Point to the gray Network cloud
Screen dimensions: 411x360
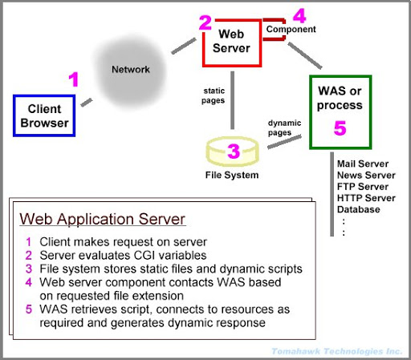(131, 71)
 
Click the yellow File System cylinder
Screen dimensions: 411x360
(232, 152)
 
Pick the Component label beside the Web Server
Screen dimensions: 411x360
(291, 29)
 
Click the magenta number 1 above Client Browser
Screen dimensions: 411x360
(74, 79)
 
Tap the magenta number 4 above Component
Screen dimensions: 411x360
(299, 16)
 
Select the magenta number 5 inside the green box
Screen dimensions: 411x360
(340, 128)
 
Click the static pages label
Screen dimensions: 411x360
(214, 95)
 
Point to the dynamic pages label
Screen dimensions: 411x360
(284, 127)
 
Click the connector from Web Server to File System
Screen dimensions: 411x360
(233, 100)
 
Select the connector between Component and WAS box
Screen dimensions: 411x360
(305, 55)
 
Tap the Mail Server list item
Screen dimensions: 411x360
(363, 164)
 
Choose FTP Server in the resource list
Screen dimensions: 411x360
(363, 187)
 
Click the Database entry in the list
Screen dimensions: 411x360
(359, 209)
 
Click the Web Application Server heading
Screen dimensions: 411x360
(102, 219)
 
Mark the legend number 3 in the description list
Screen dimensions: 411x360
(29, 269)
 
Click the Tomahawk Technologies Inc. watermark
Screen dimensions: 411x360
(337, 351)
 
